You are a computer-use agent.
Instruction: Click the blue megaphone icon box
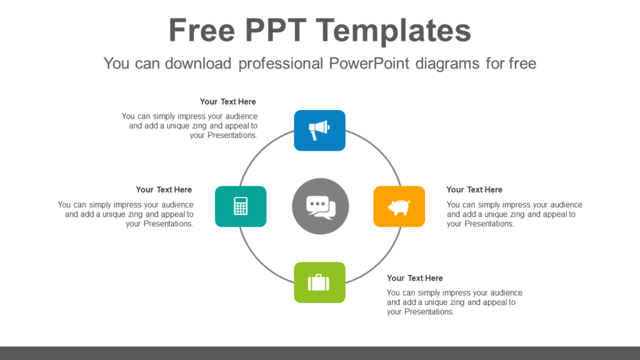click(x=319, y=130)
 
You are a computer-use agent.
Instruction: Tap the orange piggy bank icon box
click(x=399, y=206)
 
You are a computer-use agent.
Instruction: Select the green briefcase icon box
click(x=319, y=282)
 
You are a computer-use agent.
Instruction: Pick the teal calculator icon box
click(x=241, y=206)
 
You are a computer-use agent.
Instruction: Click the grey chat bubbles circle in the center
click(x=320, y=206)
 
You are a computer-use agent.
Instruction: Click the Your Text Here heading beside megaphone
click(x=227, y=101)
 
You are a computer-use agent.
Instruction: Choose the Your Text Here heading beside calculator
click(x=164, y=189)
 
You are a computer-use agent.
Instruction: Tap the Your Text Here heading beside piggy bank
click(x=474, y=189)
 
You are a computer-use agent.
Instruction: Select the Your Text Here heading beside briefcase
click(x=414, y=278)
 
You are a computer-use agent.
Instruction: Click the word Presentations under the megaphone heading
click(x=232, y=135)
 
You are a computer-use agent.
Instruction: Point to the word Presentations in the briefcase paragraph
click(x=428, y=312)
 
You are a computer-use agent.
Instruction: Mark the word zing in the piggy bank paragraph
click(x=514, y=214)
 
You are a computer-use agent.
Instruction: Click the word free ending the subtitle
click(x=522, y=63)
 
